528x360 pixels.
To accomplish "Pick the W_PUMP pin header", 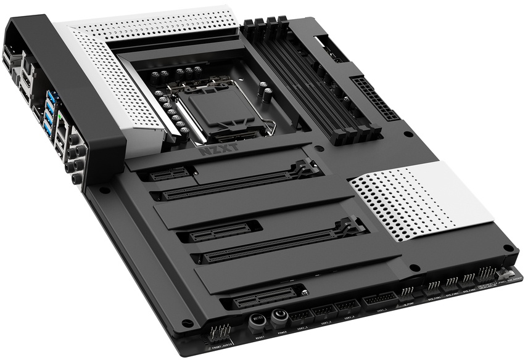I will (407, 292).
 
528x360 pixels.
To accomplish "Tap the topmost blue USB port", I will (48, 96).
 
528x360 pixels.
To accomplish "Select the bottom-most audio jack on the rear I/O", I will (76, 179).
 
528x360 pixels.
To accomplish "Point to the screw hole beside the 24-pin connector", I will (408, 134).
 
